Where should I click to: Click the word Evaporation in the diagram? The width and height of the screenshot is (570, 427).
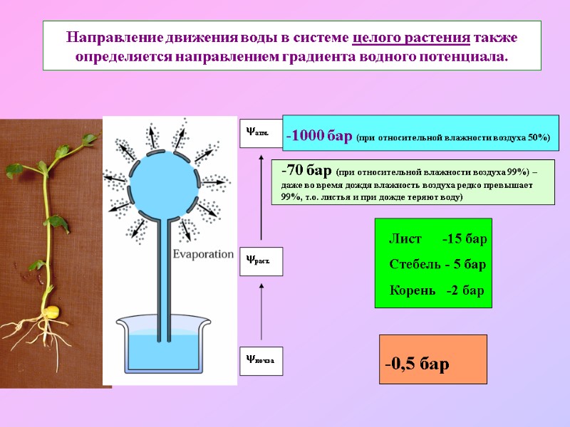click(x=203, y=254)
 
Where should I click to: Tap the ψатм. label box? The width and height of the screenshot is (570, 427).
click(x=261, y=132)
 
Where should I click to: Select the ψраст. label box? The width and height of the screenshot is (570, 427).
click(x=261, y=261)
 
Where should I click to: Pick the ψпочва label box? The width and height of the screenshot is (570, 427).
click(x=261, y=361)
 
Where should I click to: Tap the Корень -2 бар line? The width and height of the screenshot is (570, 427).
click(x=436, y=290)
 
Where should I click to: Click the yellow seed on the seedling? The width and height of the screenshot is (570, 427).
click(x=51, y=312)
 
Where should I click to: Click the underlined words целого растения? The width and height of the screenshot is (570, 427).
click(x=411, y=37)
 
